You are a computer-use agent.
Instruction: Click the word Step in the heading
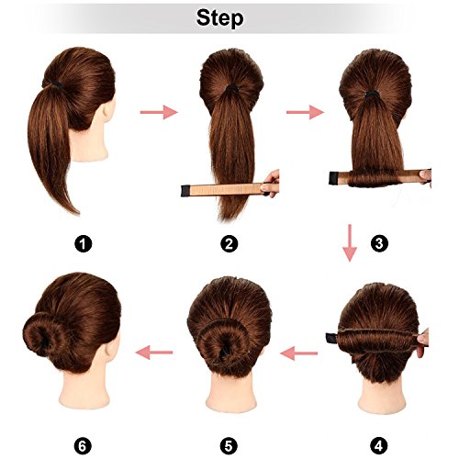coord(219,18)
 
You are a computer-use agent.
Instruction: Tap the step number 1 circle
coord(83,244)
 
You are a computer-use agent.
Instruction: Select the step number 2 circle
coord(229,244)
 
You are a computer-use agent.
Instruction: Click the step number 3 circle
coord(379,243)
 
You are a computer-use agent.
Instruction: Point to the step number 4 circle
coord(379,446)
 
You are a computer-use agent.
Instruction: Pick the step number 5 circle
coord(229,446)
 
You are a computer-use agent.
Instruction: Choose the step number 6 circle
coord(83,446)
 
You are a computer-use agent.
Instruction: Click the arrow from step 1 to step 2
coord(159,112)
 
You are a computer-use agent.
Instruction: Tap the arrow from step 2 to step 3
coord(305,112)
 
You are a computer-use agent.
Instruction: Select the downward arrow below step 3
coord(350,243)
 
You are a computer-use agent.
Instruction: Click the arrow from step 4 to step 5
coord(298,353)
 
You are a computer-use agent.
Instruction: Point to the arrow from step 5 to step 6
coord(154,353)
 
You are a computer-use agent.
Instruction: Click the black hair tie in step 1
coord(58,84)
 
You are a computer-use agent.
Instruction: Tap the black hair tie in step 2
coord(231,89)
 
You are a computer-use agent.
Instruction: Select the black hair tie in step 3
coord(371,95)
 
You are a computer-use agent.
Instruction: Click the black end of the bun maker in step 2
coord(185,191)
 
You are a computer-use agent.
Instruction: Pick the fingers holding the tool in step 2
coord(271,184)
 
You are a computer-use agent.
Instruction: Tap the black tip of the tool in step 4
coord(331,338)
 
